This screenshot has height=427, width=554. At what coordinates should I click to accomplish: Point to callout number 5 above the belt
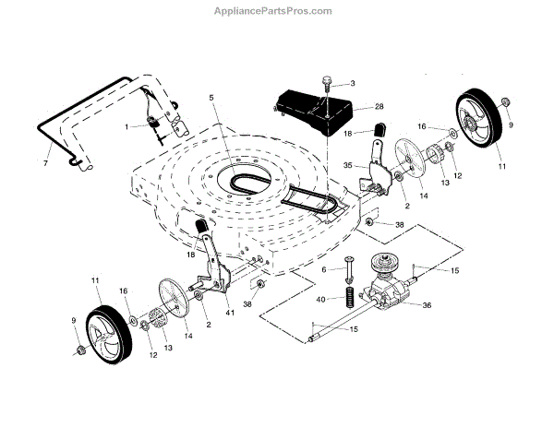coord(211,97)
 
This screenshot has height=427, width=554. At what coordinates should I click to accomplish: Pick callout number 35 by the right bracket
coord(347,166)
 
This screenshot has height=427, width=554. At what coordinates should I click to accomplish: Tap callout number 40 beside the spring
coord(320,299)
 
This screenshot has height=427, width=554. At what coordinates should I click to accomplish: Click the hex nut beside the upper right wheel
coord(504,100)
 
